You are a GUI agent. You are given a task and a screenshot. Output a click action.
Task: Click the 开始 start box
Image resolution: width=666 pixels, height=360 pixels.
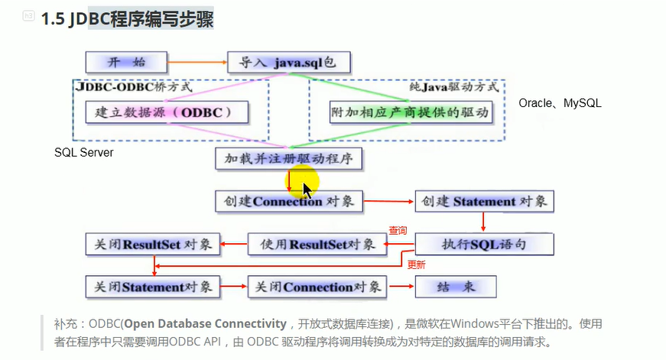125,62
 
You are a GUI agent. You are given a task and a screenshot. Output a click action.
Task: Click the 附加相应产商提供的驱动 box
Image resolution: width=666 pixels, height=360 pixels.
411,112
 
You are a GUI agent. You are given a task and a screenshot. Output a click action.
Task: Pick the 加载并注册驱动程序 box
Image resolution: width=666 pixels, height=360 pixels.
289,158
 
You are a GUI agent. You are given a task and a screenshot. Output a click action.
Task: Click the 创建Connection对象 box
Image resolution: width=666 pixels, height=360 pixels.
289,202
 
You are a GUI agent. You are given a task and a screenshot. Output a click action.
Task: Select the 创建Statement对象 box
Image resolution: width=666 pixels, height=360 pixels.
484,202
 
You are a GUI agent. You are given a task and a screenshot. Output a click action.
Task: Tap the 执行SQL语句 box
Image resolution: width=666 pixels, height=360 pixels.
484,245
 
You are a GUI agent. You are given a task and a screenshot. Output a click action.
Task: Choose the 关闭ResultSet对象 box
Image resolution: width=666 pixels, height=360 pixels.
152,245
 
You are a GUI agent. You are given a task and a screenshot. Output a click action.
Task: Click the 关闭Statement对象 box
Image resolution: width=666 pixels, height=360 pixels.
152,287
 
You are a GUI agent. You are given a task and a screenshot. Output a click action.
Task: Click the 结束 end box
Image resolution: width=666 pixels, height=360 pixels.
456,287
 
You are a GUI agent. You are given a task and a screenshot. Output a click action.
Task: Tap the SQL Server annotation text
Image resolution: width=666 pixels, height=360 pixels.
84,153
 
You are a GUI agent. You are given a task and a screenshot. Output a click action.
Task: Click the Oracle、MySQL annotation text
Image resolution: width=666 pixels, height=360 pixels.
560,102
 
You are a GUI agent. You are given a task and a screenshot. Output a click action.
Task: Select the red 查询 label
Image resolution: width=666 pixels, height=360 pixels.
398,230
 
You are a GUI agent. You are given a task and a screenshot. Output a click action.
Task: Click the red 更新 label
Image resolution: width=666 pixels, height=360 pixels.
416,265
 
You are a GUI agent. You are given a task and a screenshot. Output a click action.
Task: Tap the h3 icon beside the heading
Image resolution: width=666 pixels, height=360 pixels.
28,16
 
